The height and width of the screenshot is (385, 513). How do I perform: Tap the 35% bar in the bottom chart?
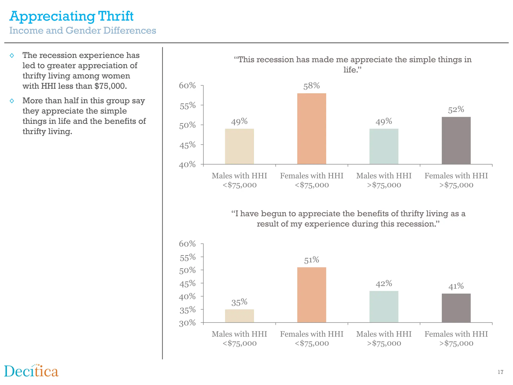[239, 316]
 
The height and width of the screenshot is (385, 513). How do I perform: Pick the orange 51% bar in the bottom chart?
[312, 295]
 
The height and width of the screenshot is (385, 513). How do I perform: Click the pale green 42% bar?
[384, 307]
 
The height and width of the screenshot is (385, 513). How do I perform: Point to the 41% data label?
[456, 286]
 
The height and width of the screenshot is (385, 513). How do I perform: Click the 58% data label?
[311, 86]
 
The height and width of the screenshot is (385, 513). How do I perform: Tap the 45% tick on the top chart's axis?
[187, 145]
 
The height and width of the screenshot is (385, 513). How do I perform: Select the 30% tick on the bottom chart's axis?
[187, 323]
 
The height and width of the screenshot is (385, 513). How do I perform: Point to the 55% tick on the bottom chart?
[187, 257]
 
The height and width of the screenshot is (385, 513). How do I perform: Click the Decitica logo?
[31, 371]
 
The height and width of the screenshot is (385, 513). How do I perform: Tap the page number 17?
[500, 372]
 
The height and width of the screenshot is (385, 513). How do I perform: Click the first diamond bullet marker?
[12, 55]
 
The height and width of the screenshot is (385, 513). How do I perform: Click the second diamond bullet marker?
[12, 101]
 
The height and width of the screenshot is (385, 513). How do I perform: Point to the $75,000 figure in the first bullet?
[110, 86]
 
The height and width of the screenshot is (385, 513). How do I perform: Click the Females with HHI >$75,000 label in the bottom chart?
[456, 338]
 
